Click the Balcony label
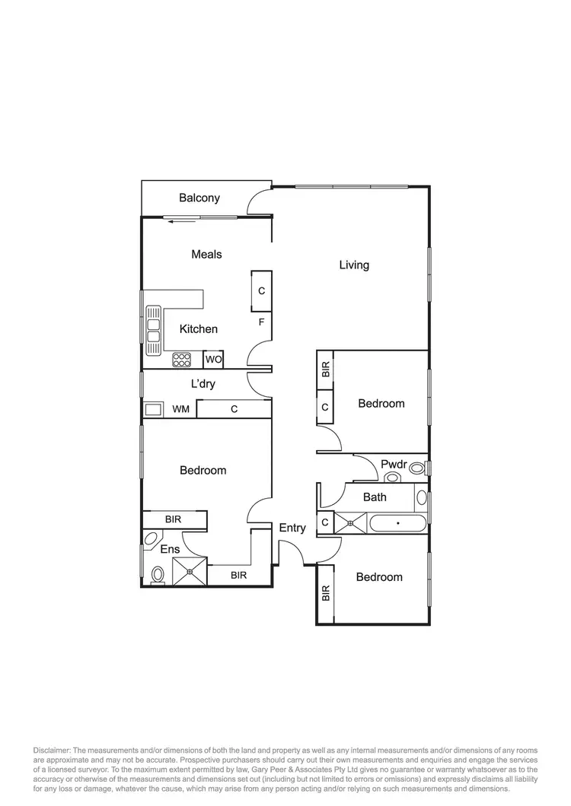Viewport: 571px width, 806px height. (x=199, y=198)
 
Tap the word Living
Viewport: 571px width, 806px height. (x=354, y=265)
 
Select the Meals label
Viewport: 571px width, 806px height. (x=206, y=254)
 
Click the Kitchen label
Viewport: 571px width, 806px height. (x=199, y=329)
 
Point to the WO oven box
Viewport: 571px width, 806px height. (x=213, y=359)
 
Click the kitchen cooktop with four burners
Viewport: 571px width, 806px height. (x=182, y=359)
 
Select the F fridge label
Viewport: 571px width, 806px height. (x=261, y=322)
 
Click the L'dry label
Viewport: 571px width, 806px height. (x=203, y=384)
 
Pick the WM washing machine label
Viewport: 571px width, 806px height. (x=180, y=409)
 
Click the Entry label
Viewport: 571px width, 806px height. (x=292, y=528)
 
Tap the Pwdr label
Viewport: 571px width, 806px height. (x=394, y=463)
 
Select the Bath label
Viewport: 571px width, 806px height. (x=375, y=497)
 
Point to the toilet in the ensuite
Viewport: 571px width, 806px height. (x=158, y=574)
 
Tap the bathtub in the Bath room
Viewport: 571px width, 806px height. (x=398, y=523)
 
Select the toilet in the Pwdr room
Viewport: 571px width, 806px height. (x=393, y=478)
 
